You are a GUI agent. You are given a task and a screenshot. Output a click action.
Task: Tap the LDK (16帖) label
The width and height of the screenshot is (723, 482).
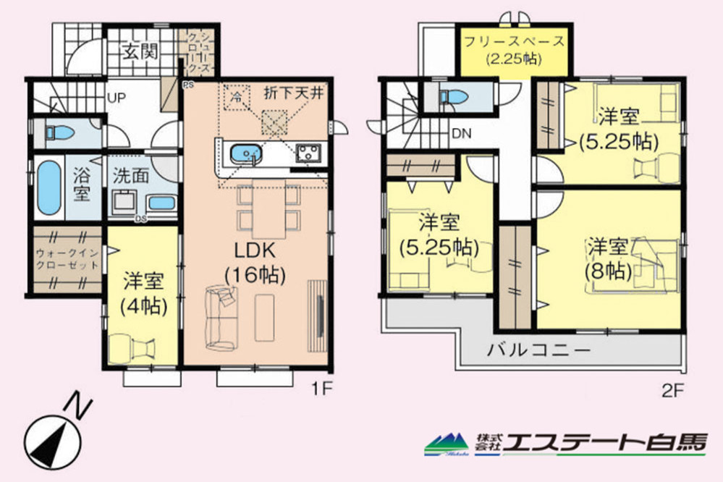point(253,262)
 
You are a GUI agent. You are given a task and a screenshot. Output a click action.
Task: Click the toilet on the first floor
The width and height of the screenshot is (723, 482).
point(56,132)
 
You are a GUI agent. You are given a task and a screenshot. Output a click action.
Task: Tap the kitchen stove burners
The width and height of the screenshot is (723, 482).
point(310,153)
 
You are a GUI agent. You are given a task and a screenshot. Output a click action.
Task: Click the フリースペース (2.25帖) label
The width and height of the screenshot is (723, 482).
point(515,49)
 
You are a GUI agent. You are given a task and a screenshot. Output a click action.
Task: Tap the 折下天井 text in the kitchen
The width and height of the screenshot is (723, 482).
point(299,93)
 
